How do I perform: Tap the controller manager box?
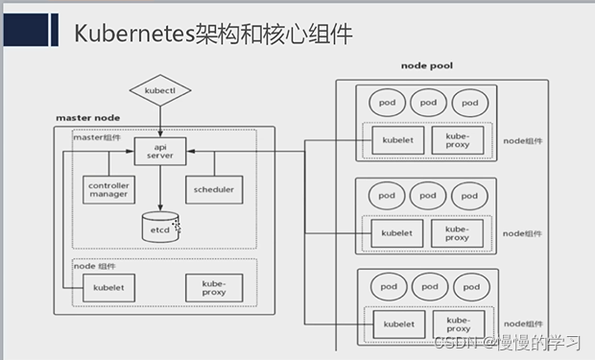point(108,190)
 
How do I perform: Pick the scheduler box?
point(212,190)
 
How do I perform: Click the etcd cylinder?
point(159,228)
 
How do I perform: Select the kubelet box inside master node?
point(107,287)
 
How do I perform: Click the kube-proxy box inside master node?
point(213,286)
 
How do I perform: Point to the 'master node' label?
point(87,118)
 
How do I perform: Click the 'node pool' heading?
point(427,66)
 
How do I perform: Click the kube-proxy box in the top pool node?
point(458,141)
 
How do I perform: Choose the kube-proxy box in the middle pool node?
point(458,232)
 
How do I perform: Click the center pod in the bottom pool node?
point(427,287)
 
